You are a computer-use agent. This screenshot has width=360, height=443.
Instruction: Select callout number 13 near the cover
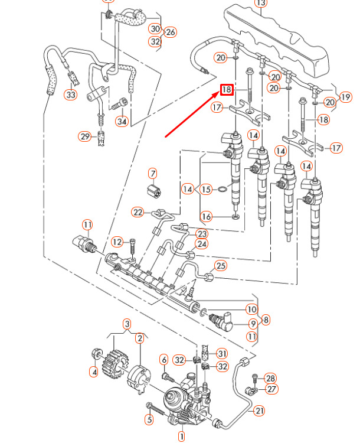(x=260, y=3)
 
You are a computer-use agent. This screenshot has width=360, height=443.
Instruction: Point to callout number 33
(x=71, y=94)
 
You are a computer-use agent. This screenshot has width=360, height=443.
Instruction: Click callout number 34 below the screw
(x=122, y=122)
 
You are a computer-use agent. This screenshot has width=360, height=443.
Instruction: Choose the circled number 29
(x=85, y=136)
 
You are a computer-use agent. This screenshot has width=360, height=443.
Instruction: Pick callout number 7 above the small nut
(x=153, y=174)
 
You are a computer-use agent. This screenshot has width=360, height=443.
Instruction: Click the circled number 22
(x=138, y=212)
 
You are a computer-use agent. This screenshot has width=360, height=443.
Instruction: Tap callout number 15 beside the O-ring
(x=205, y=190)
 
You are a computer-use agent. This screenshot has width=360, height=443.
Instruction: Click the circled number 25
(x=221, y=266)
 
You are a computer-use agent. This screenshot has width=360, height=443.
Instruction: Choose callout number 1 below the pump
(x=182, y=437)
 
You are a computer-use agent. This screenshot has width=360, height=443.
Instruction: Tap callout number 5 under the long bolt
(x=149, y=420)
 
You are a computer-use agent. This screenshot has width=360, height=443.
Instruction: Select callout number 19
(x=346, y=97)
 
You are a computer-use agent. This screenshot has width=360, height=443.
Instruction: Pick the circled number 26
(x=171, y=32)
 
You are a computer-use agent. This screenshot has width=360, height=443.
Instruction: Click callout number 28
(x=270, y=378)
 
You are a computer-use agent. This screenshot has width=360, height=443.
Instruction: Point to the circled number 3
(x=126, y=324)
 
